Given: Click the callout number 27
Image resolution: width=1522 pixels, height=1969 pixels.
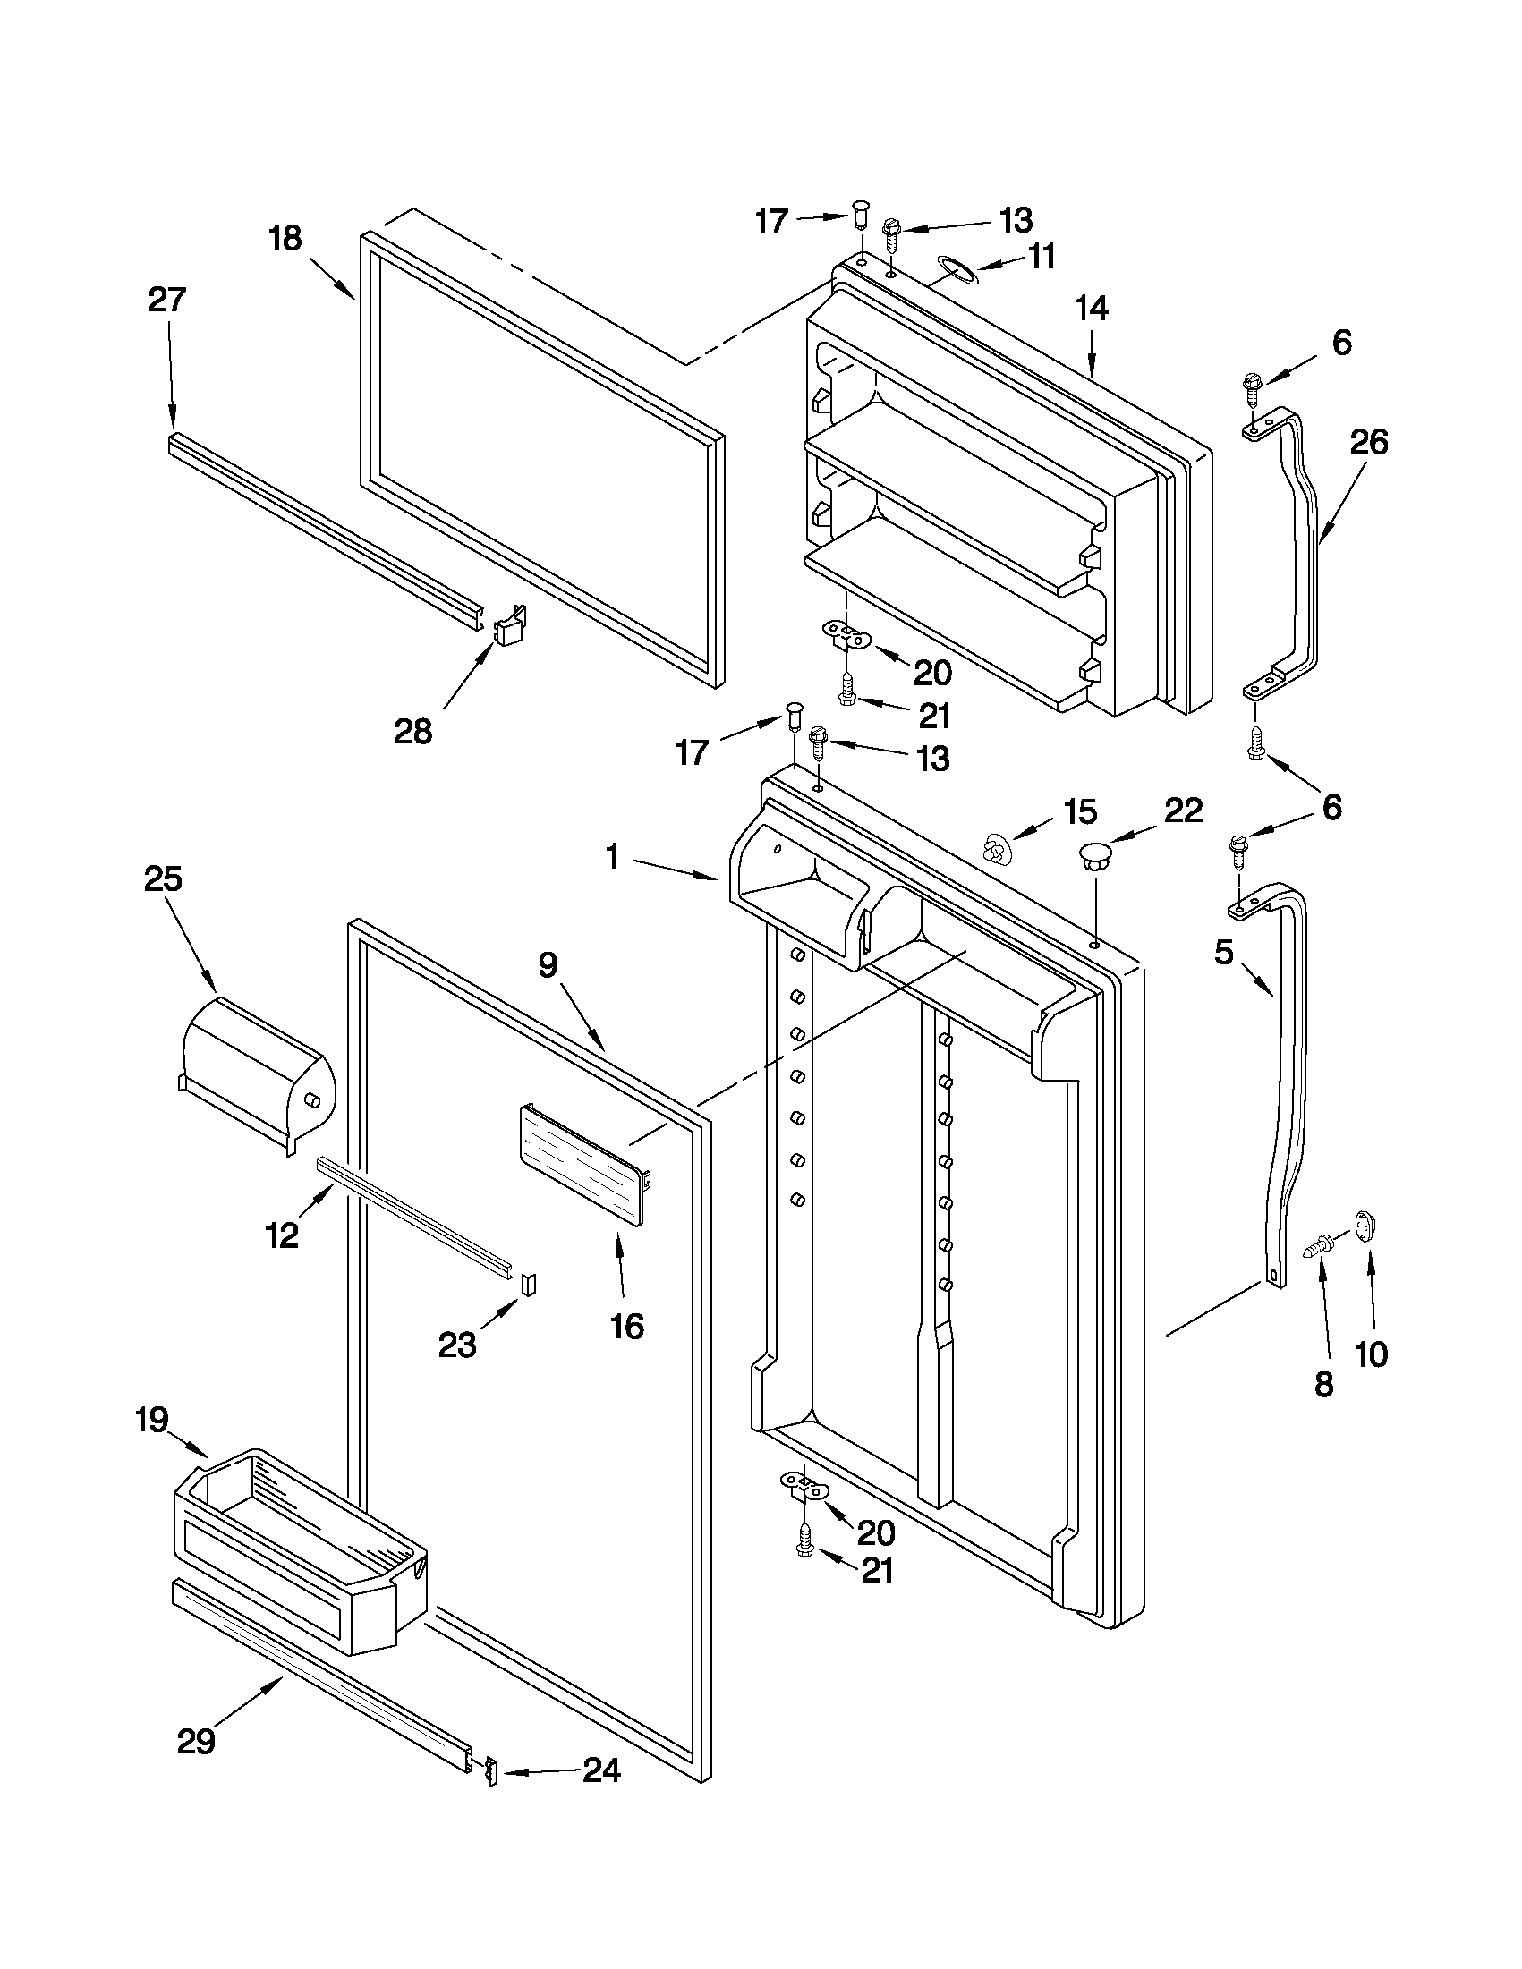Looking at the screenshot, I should point(166,300).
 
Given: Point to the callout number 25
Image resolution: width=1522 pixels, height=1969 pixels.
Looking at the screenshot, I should point(163,879).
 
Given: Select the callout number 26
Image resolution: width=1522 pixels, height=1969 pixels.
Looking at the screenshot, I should point(1369,442).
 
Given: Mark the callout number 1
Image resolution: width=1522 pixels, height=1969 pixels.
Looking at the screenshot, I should point(613,855).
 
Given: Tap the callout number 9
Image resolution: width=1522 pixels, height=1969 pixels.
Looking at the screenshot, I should point(548,965).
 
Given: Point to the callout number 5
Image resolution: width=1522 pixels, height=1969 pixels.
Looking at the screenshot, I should point(1223,953).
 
